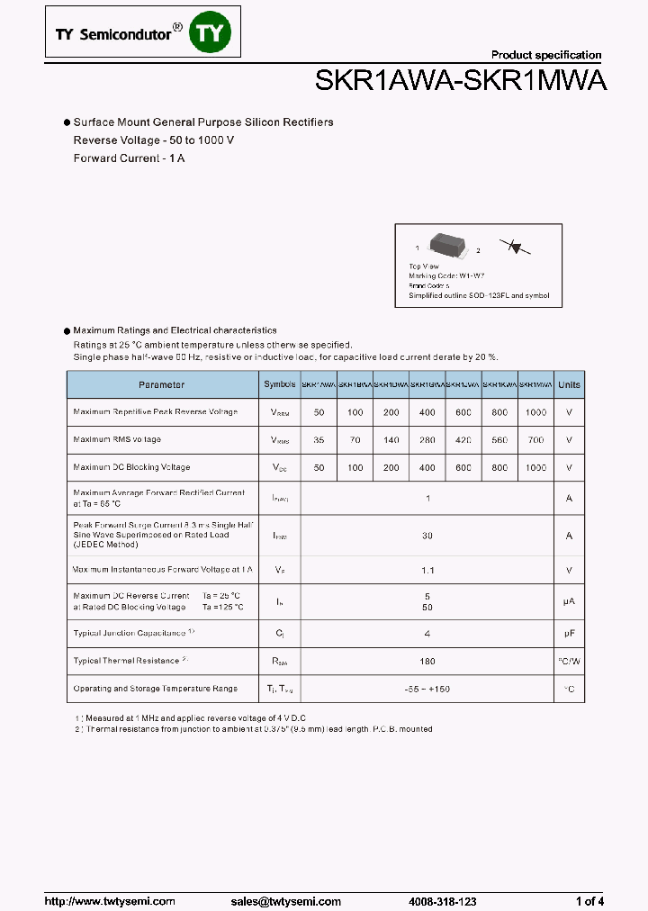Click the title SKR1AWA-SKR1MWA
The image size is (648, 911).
pos(461,82)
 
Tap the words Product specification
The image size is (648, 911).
pos(546,55)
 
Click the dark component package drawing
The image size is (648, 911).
pos(447,244)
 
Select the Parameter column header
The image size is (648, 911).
pos(162,384)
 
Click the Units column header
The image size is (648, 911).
pos(569,384)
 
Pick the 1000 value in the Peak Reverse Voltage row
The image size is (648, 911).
pos(535,412)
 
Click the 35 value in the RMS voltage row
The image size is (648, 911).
pos(319,440)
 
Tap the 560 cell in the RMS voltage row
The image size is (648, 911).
pos(499,440)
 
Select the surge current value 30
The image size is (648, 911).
pos(427,536)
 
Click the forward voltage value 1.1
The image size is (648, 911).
pos(427,570)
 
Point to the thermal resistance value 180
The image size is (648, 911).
pos(427,662)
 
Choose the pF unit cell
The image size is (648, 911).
pos(569,634)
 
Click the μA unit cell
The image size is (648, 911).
pos(569,601)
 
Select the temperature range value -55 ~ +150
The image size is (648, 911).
pos(427,689)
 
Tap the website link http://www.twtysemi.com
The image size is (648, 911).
pos(99,901)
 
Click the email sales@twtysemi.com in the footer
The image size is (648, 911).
pos(285,901)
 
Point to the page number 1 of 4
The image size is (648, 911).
pos(589,901)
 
